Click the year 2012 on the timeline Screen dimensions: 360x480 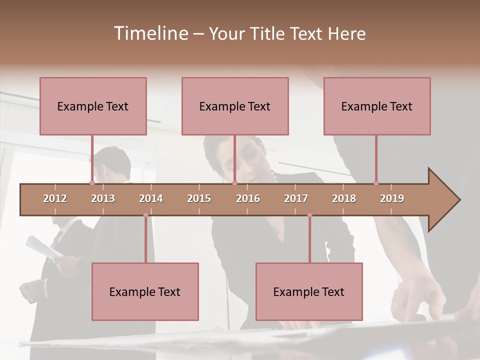click(55, 198)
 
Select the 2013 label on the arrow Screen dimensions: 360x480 click(103, 198)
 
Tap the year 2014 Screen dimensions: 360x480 click(151, 198)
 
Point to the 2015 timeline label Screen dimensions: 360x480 click(199, 198)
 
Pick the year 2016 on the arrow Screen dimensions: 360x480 click(248, 198)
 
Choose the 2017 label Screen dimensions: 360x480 click(296, 198)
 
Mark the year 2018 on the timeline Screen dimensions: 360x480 click(344, 198)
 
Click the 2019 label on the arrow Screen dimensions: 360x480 click(392, 198)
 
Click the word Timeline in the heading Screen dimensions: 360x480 click(150, 33)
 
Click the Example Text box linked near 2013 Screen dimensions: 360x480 click(93, 106)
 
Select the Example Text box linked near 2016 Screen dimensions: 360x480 click(235, 106)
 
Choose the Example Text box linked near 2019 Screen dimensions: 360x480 click(377, 106)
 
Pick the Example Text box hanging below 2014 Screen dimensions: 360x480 click(145, 291)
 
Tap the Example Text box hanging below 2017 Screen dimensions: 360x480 click(309, 291)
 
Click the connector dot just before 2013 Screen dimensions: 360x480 click(92, 183)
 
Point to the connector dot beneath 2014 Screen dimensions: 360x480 click(145, 215)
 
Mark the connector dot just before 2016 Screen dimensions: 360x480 click(234, 183)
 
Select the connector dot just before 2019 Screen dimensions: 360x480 click(376, 183)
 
